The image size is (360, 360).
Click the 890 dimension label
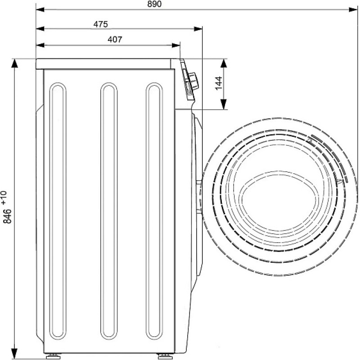point(154,4)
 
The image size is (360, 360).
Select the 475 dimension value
point(100,24)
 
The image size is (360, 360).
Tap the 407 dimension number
point(115,40)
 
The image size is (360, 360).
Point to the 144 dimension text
point(219,83)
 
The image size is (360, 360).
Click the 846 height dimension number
point(8,216)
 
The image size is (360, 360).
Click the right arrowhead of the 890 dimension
point(353,9)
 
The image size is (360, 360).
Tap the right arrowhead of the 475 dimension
point(198,29)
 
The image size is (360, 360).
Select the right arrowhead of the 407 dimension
point(176,45)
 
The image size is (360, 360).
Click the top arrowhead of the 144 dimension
point(224,63)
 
